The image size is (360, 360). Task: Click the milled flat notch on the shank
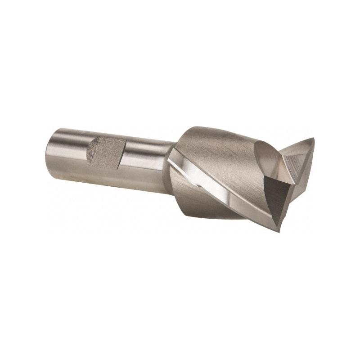click(107, 152)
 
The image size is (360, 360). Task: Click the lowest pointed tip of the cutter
click(279, 230)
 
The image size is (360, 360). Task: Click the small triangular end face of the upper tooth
click(299, 153)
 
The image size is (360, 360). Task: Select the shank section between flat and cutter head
click(146, 155)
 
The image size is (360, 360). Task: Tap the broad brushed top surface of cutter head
click(216, 148)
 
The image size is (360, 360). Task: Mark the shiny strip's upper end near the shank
click(173, 153)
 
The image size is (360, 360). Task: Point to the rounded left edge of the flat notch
click(89, 151)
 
